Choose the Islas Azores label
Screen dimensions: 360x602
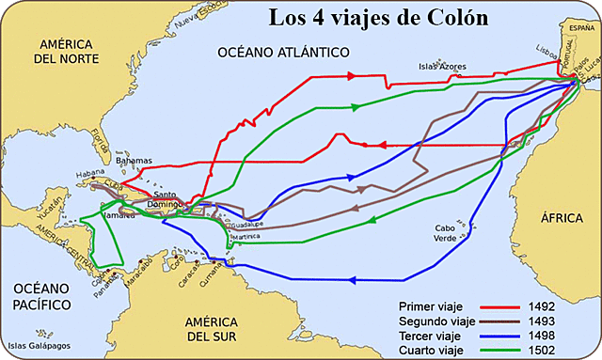coord(443,67)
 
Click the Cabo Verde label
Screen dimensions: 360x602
coord(451,233)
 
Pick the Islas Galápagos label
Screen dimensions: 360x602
coord(38,349)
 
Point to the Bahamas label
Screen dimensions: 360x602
coord(134,161)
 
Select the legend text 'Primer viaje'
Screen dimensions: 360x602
coord(430,305)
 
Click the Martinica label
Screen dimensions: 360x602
coord(243,236)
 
